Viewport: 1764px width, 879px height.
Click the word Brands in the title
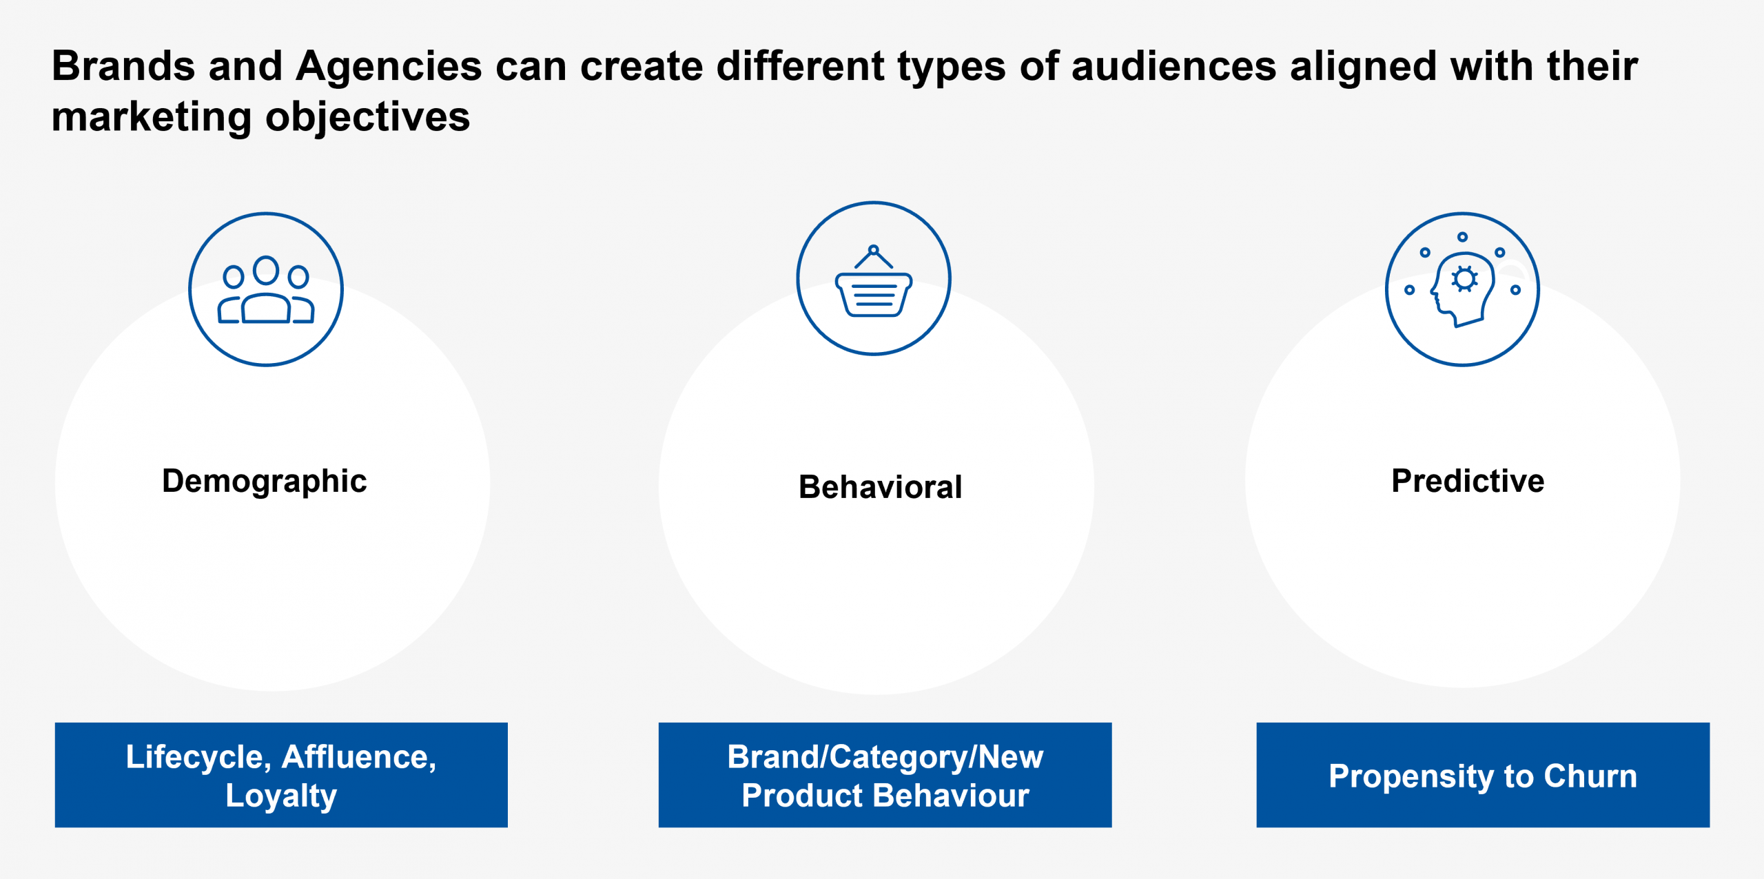[x=123, y=67]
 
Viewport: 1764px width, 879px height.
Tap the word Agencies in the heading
[x=389, y=67]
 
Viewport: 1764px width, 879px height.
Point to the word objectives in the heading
[x=367, y=117]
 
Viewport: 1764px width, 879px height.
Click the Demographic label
[x=265, y=481]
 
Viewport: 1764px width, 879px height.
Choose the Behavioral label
[x=880, y=487]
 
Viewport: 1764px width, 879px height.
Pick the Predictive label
[x=1468, y=481]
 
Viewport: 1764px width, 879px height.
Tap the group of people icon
[x=266, y=290]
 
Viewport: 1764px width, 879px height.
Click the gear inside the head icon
[x=1464, y=279]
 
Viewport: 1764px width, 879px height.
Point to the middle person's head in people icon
[x=266, y=270]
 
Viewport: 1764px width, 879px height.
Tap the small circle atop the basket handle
[x=874, y=250]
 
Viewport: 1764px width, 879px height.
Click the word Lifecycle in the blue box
[x=198, y=758]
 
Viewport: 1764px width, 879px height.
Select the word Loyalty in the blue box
[x=281, y=796]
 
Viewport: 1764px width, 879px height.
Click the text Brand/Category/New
[x=885, y=758]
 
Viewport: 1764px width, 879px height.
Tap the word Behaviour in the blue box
[x=951, y=796]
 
